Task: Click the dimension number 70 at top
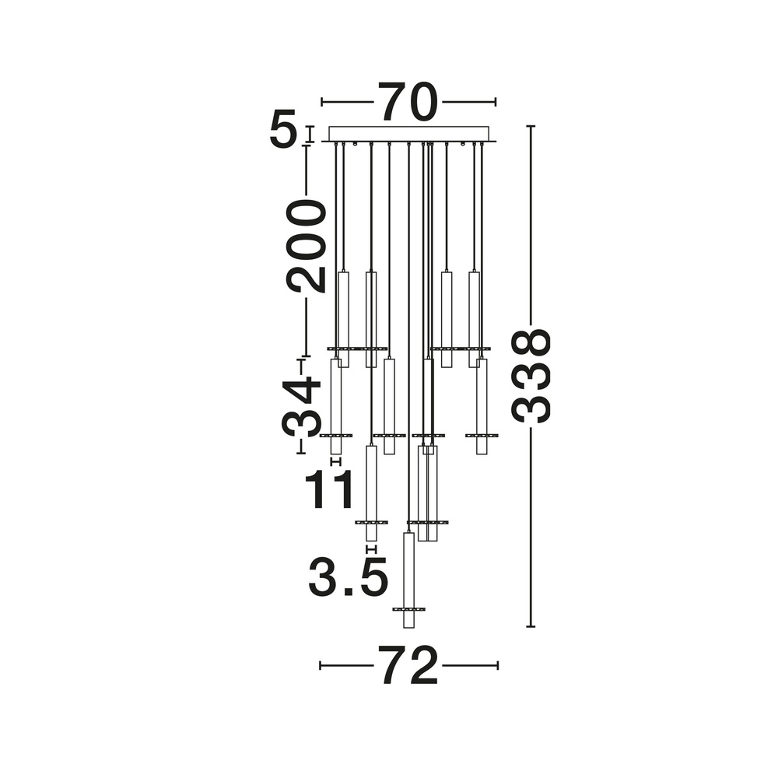pyautogui.click(x=408, y=102)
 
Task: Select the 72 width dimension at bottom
pyautogui.click(x=408, y=665)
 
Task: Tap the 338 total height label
pyautogui.click(x=531, y=376)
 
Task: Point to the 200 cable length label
pyautogui.click(x=306, y=246)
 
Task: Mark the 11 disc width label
pyautogui.click(x=329, y=489)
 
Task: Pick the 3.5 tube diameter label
pyautogui.click(x=347, y=576)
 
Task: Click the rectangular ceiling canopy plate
pyautogui.click(x=409, y=134)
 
